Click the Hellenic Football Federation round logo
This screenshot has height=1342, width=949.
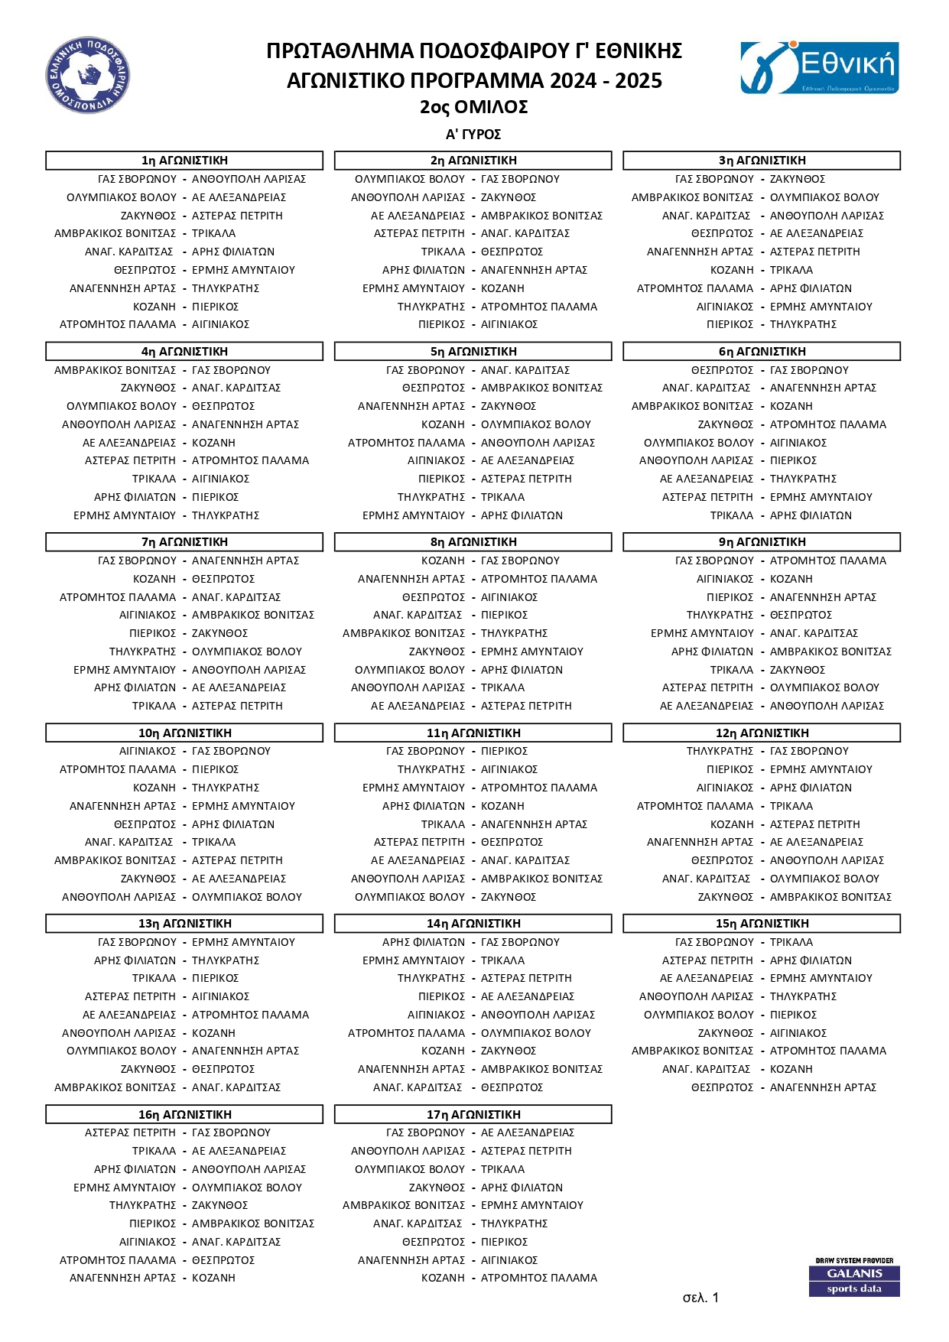point(87,75)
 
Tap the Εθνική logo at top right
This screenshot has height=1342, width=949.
point(819,68)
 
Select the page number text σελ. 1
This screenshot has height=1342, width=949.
point(700,1298)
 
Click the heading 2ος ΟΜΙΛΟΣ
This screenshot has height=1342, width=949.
point(473,107)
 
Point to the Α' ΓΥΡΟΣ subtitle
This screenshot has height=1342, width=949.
point(473,135)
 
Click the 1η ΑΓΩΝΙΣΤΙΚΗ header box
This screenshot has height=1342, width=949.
point(184,161)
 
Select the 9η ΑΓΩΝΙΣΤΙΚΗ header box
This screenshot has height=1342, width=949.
point(762,542)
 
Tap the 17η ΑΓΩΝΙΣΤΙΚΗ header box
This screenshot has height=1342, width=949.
point(473,1115)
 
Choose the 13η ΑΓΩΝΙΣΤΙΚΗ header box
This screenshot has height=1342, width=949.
point(184,924)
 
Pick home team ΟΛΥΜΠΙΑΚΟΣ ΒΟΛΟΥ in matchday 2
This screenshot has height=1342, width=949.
point(410,179)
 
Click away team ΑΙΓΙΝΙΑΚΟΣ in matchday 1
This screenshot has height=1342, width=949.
point(220,324)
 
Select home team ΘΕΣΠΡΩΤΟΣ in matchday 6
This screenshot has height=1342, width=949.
point(722,370)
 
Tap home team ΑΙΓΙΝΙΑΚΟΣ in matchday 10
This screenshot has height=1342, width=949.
point(148,751)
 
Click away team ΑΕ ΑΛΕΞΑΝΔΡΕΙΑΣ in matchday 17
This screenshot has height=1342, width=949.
point(527,1132)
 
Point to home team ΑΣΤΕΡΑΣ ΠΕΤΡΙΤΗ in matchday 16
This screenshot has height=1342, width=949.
point(130,1132)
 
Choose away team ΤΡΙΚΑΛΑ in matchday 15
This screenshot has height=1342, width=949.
point(791,942)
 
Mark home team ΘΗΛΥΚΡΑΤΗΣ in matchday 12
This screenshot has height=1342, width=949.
point(720,751)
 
